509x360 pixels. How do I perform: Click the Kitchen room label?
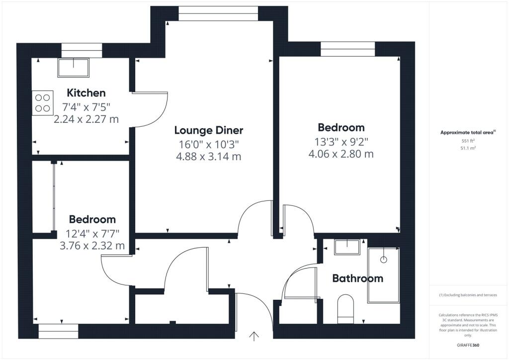pos(86,93)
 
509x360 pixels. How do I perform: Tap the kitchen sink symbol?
pos(74,67)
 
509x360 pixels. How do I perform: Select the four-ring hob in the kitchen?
pos(43,102)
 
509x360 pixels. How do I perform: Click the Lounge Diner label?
pos(208,130)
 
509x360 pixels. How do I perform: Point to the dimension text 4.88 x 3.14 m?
pos(208,157)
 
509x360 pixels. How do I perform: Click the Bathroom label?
pos(357,278)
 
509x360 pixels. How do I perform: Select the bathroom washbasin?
pos(347,247)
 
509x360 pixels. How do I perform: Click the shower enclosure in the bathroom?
pos(383,276)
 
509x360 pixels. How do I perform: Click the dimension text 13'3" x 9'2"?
pos(341,141)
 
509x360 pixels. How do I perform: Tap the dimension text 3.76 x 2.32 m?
pos(92,246)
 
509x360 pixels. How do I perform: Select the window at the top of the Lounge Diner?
pos(218,13)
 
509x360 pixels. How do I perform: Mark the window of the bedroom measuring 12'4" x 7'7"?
pos(59,332)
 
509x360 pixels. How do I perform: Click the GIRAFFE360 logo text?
pos(468,345)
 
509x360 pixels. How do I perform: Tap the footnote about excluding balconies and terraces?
pos(468,295)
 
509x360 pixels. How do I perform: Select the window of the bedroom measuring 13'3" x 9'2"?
pos(347,49)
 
